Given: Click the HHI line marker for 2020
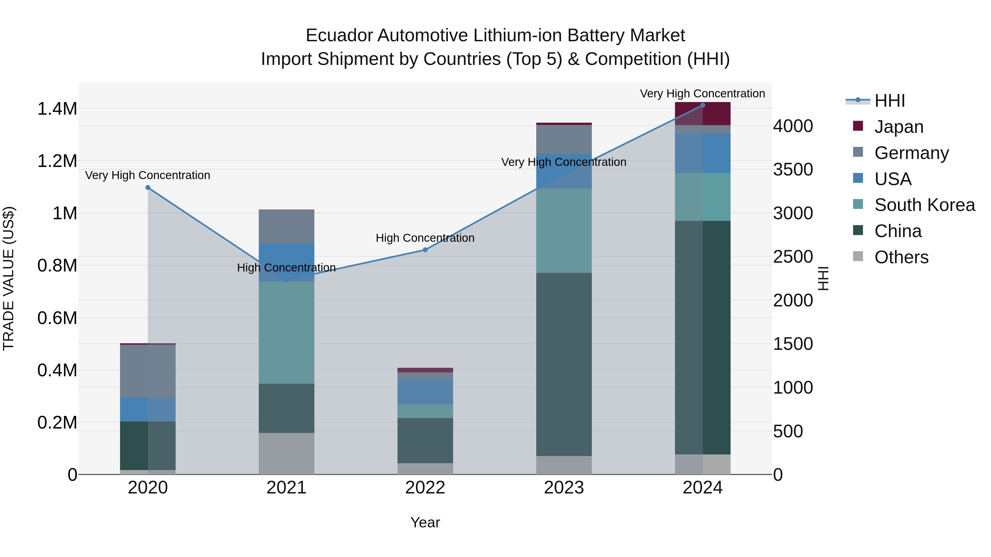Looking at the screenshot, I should pos(148,188).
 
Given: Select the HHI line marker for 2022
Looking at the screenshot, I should pos(425,250).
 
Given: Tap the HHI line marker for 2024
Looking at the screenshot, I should pos(703,105).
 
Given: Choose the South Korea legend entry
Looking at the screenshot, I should pos(924,205).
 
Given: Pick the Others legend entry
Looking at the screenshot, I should pos(901,257).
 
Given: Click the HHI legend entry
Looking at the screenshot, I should pos(889,101).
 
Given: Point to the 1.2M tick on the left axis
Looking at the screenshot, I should pos(57,161).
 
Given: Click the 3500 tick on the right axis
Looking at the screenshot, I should pos(793,169).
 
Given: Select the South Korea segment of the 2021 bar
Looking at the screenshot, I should pos(286,333).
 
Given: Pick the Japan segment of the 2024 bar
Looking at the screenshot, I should pos(703,114).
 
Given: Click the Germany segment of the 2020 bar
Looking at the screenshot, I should pos(148,371).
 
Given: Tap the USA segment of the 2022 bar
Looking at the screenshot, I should pos(425,392).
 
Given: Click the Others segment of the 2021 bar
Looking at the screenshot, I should pos(286,454).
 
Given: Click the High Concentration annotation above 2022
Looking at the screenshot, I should pos(425,238).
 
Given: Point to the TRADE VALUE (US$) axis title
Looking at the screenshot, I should pos(9,278).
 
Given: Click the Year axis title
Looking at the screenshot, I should pos(425,522).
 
